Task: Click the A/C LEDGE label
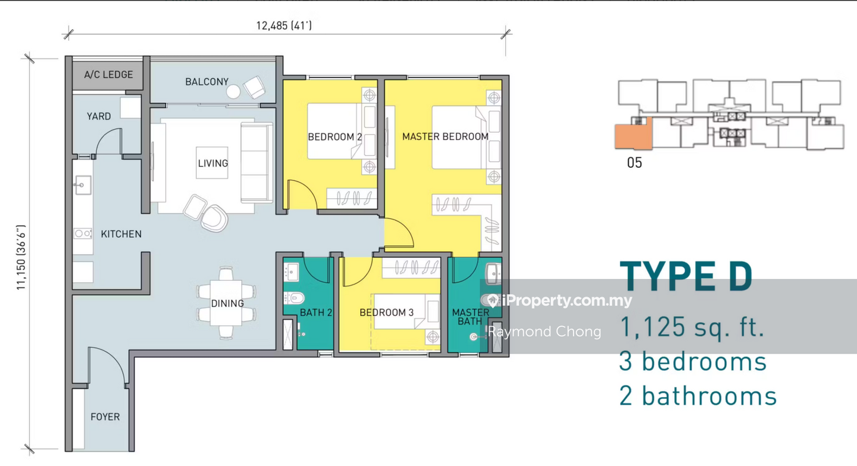(109, 74)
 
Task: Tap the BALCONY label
(207, 82)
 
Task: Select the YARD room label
(99, 116)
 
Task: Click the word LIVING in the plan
(212, 163)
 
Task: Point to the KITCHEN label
(121, 234)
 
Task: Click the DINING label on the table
(227, 304)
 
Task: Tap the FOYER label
(105, 417)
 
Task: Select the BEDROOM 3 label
(386, 312)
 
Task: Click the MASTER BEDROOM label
(445, 137)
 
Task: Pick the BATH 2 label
(315, 312)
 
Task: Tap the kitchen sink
(83, 185)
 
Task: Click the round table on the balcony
(233, 92)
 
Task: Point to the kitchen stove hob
(83, 233)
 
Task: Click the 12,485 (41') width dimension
(284, 26)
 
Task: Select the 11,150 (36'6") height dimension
(21, 258)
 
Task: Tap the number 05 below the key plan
(634, 163)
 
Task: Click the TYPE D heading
(686, 276)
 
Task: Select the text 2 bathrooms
(698, 396)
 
